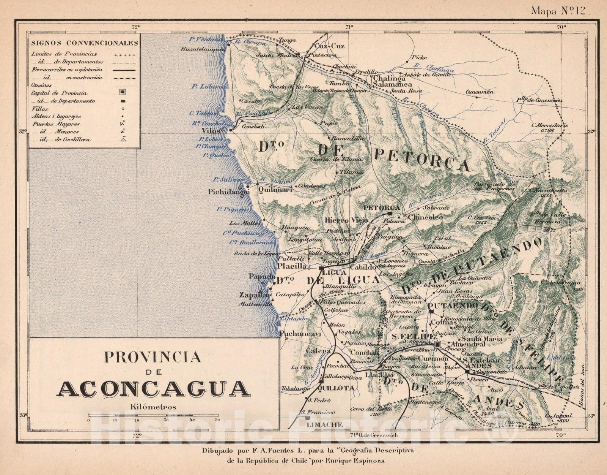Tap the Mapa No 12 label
(560, 11)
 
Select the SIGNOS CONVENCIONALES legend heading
(85, 43)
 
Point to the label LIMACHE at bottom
(324, 424)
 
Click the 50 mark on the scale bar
(217, 420)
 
